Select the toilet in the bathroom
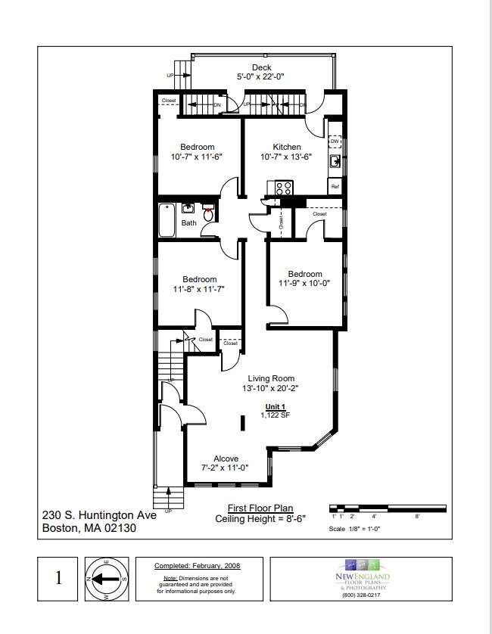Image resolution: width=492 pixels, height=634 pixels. coord(208,214)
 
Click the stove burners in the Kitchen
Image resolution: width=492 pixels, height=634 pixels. coord(284,188)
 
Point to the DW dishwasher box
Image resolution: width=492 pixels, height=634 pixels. coord(334,141)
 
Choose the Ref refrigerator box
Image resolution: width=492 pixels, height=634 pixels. coord(334,185)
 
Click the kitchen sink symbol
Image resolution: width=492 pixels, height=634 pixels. coord(334,160)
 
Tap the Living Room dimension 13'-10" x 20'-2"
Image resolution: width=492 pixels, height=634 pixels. coord(268,389)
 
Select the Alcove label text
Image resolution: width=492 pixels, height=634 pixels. coord(226,458)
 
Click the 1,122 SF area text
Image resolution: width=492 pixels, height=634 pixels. coord(272,415)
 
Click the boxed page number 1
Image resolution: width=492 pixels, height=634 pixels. coord(59,579)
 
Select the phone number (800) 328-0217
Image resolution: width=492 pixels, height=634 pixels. coord(363,595)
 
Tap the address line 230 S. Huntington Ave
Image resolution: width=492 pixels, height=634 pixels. coord(98,514)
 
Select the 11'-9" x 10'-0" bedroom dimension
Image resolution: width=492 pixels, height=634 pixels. coord(304,284)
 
